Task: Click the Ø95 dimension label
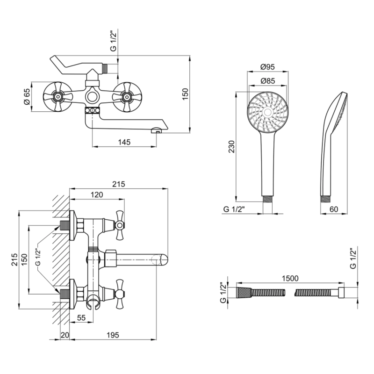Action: [267, 67]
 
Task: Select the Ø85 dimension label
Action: [267, 81]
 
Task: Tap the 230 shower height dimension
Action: [231, 146]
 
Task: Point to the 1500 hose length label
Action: [290, 278]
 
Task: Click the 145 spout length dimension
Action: [124, 142]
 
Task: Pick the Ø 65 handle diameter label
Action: [27, 96]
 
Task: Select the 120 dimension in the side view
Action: [97, 194]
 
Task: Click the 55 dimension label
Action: [81, 318]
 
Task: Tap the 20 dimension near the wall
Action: [65, 335]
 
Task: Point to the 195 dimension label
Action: [113, 335]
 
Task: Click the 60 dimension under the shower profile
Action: [334, 209]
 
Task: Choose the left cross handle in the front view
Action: [58, 97]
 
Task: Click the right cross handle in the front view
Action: [127, 97]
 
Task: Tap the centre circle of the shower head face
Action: [267, 112]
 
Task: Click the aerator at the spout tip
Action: [157, 130]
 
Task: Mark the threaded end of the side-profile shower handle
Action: [324, 200]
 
